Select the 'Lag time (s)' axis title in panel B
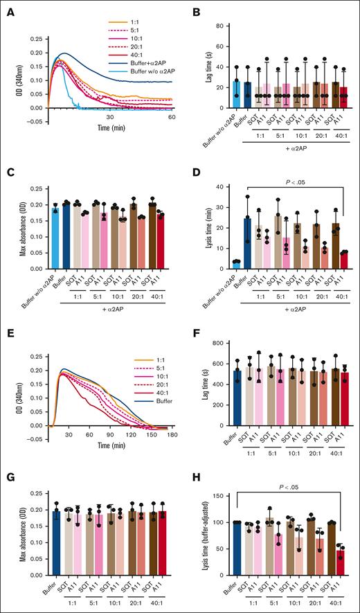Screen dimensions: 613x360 [201, 66]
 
